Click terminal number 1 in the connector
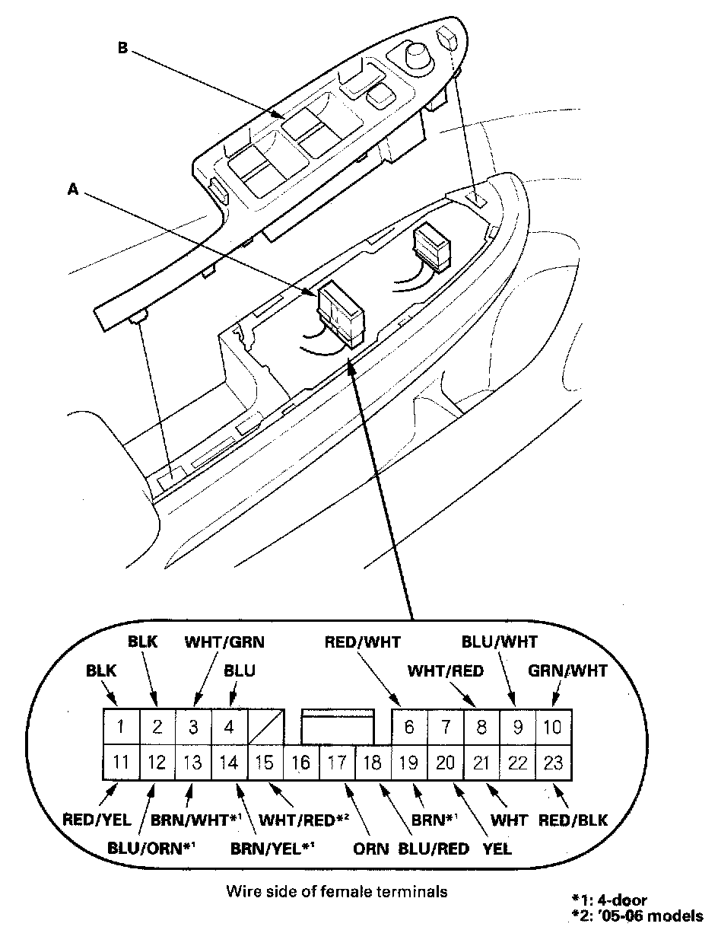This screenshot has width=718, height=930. point(120,726)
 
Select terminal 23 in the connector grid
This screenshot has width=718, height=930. point(553,762)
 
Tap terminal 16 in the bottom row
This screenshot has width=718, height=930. point(300,763)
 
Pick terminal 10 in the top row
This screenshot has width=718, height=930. point(553,726)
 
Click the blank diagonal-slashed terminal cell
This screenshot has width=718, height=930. point(265,726)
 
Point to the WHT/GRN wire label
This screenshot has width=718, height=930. point(224,642)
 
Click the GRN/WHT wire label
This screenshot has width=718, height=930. point(567,670)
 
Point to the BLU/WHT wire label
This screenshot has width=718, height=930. point(499,642)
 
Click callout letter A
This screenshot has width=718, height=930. point(73,190)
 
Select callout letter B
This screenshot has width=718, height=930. point(123,49)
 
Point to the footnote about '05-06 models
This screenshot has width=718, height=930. point(637,915)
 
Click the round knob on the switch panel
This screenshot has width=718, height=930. point(418,55)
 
